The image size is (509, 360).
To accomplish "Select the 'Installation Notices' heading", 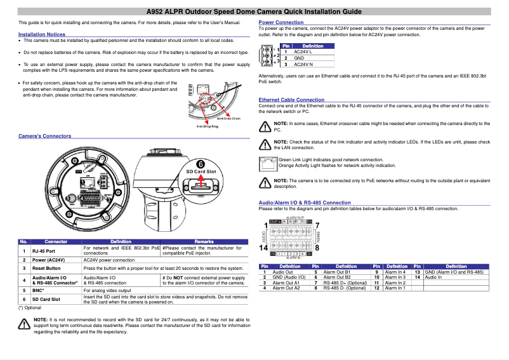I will [41, 34].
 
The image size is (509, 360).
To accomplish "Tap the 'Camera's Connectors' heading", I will [44, 136].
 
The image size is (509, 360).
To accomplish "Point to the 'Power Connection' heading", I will [281, 22].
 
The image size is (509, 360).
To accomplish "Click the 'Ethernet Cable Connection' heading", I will [291, 100].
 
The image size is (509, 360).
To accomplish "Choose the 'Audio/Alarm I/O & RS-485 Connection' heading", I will [305, 203].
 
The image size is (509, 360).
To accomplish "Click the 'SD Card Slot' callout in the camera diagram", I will [201, 172].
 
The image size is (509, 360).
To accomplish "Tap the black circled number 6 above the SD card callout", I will [201, 163].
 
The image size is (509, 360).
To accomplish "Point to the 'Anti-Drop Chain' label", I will [228, 118].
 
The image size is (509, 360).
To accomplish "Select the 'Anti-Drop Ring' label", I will [207, 126].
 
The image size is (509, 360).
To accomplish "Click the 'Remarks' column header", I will [204, 242].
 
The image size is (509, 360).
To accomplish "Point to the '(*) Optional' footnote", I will [30, 307].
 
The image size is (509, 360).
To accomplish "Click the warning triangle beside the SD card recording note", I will [24, 324].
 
